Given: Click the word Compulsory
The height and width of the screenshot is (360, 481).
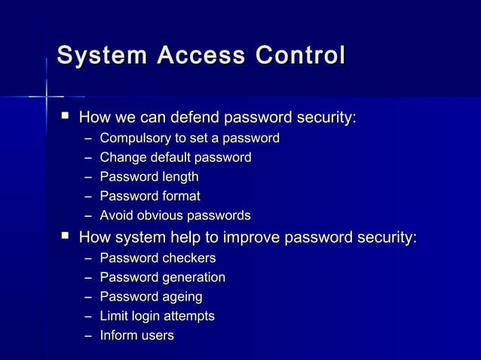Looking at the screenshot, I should [134, 139].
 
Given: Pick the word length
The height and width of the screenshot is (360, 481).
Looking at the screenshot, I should [179, 177].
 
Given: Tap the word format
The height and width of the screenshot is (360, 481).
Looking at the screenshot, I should [179, 197].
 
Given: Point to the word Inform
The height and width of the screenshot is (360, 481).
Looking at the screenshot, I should [117, 336].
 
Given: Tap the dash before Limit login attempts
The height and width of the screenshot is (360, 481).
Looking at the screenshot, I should [89, 316].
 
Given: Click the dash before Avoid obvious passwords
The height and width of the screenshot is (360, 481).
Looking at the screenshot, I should [89, 216].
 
